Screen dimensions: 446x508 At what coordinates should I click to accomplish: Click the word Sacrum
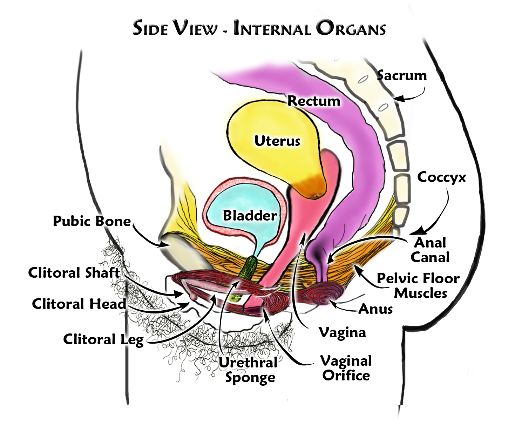pos(402,76)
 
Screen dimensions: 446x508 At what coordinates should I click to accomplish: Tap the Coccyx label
pos(441,177)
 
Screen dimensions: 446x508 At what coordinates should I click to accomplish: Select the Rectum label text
pos(314,101)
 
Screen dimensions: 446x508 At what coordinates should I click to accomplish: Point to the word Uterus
pos(277,141)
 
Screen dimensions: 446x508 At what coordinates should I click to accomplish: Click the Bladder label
pos(250,215)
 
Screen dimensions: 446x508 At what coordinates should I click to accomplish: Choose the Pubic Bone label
pos(92,221)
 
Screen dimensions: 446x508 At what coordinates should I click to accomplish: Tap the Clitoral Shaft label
pos(74,272)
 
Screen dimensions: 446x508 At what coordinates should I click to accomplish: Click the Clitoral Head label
pos(79,304)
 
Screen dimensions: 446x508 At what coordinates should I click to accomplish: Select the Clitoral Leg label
pos(103,339)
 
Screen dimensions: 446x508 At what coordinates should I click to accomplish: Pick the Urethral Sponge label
pos(248,370)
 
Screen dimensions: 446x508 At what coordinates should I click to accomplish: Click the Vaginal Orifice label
pos(346,368)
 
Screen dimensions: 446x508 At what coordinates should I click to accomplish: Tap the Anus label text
pos(376,309)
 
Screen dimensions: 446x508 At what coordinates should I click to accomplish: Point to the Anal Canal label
pos(430,250)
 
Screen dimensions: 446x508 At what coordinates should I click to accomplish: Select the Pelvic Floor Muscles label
pos(418,286)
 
